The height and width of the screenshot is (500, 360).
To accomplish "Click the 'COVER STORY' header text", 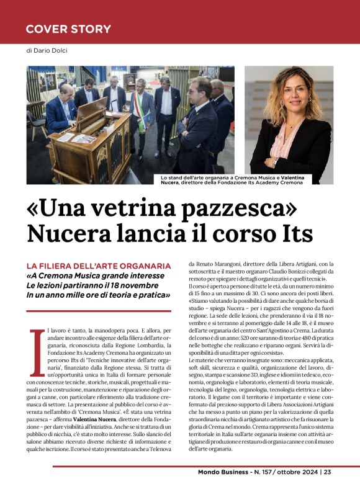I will click(68, 29).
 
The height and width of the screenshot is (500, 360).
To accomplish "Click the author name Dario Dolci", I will click(54, 50).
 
